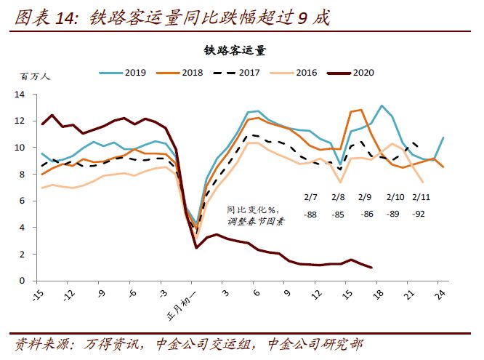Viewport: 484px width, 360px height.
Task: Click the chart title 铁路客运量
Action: point(235,50)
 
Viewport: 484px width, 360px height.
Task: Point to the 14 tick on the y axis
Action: point(20,95)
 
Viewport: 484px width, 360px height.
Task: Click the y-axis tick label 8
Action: point(23,175)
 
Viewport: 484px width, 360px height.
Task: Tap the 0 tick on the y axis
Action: point(23,281)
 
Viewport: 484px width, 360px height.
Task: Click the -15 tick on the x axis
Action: point(38,294)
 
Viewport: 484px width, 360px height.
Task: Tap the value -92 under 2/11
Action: point(419,215)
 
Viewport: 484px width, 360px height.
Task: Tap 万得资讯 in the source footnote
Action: point(103,344)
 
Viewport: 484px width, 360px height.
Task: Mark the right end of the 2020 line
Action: point(372,268)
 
